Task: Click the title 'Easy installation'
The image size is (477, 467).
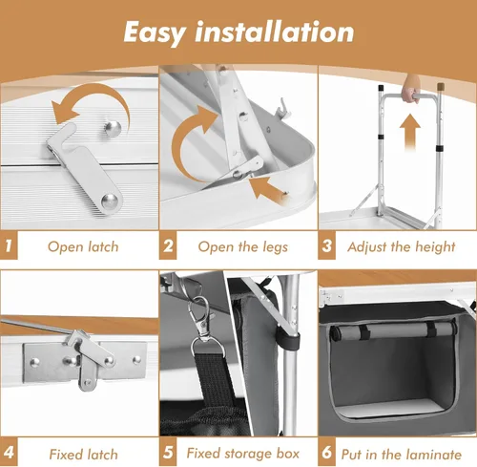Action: tap(238, 31)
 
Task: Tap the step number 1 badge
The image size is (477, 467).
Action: tap(10, 246)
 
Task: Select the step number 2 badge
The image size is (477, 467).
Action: tap(168, 246)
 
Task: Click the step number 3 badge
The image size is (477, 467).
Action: tap(327, 246)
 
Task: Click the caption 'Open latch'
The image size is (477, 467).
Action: tap(83, 246)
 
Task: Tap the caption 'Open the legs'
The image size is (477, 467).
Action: tap(242, 246)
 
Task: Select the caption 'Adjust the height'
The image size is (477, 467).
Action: tap(402, 246)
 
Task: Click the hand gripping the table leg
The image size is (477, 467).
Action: tap(411, 93)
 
